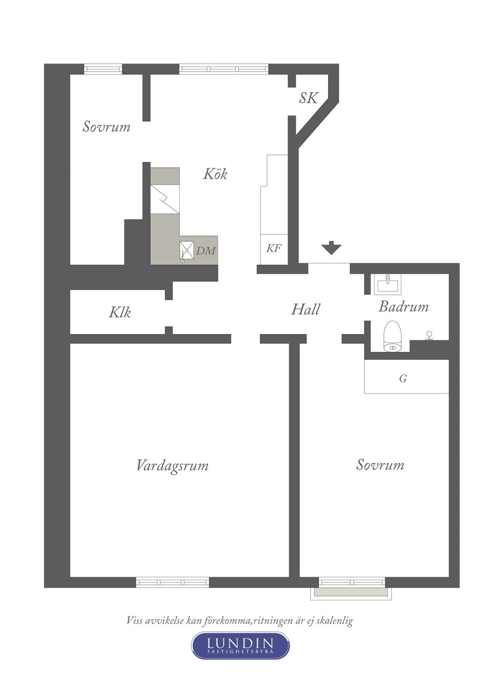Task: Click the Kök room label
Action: pos(215,174)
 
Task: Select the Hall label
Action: pos(305,309)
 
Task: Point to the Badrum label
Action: pos(404,307)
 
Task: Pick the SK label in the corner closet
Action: pos(308,98)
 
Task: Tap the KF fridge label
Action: pos(274,248)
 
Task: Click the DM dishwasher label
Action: pos(206,251)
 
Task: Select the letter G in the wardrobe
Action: pos(403,378)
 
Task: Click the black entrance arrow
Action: pos(332,247)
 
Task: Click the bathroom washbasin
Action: pos(387,284)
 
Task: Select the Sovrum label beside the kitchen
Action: pos(106,126)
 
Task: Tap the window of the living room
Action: pos(172,582)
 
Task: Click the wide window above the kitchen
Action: pos(223,69)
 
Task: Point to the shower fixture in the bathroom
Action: pos(429,335)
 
